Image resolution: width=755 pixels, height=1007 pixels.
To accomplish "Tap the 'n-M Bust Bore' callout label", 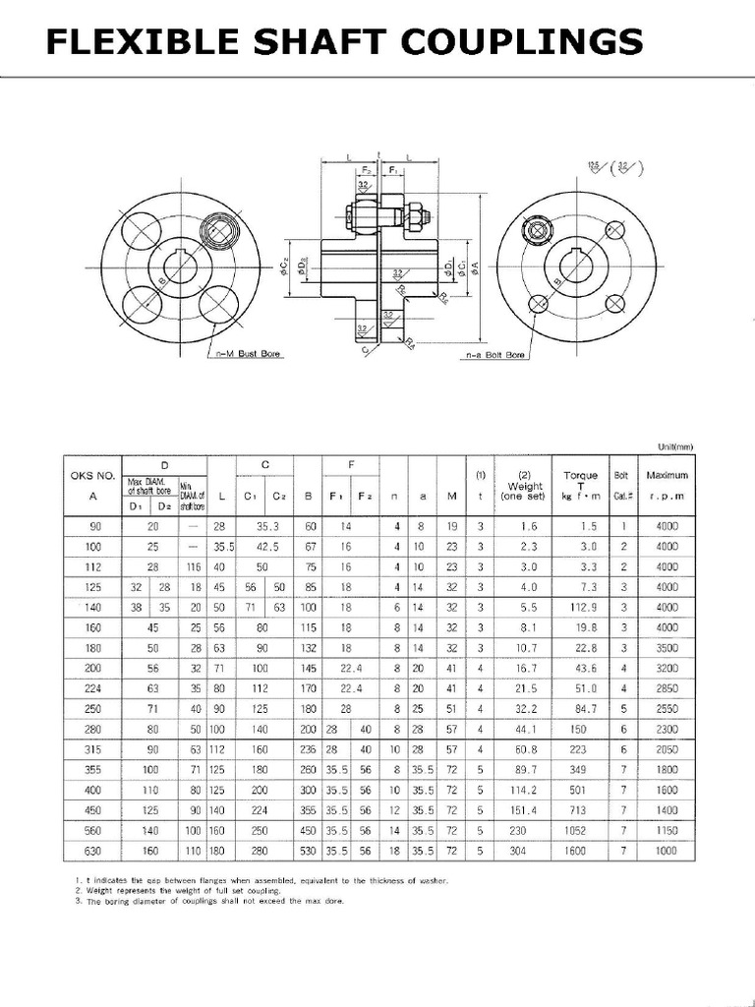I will (x=248, y=353).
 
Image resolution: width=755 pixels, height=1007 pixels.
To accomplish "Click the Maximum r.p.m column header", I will (x=668, y=485).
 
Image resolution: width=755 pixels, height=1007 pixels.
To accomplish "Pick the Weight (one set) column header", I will (x=525, y=485).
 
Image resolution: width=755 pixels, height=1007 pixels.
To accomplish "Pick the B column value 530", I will (x=309, y=852).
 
